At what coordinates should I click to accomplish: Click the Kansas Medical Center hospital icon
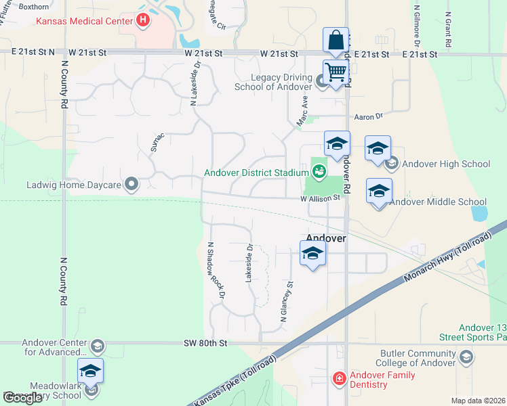coord(143,20)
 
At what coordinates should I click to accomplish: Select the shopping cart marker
coord(336,72)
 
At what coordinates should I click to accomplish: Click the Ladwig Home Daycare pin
coord(132,183)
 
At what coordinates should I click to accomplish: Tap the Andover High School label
coord(445,164)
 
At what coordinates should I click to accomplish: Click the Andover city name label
coord(326,238)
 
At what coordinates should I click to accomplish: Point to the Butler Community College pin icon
coord(466,357)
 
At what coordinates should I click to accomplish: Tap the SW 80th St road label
coord(204,343)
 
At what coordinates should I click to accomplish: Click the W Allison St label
coord(320,198)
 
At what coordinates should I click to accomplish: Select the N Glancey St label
coord(285,301)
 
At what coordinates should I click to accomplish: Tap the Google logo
coord(22,398)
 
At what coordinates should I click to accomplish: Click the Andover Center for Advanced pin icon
coord(97,346)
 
